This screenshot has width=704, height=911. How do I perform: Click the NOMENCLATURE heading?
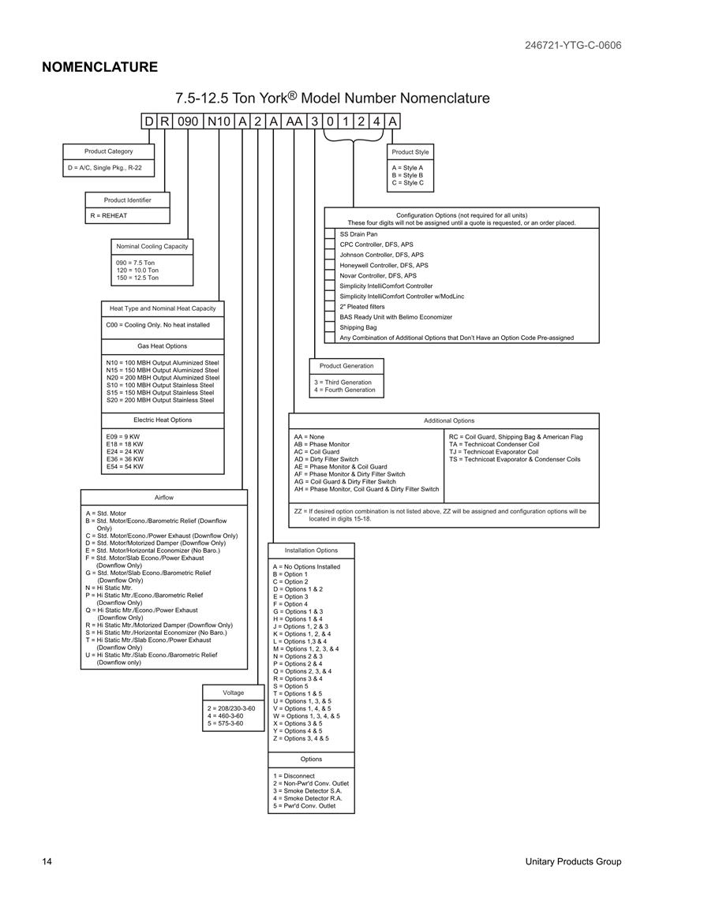coord(99,67)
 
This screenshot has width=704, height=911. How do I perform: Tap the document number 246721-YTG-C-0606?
coord(573,45)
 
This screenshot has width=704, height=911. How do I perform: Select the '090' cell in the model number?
coord(188,121)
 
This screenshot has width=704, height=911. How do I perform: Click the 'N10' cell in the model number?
coord(219,121)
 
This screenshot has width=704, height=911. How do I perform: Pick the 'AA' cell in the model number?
coord(294,121)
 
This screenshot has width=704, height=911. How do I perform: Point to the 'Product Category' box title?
coord(108,151)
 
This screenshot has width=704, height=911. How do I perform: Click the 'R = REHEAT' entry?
coord(109,215)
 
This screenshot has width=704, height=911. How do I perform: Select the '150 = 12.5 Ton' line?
coord(137,278)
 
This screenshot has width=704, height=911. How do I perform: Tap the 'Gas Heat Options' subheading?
coord(163,345)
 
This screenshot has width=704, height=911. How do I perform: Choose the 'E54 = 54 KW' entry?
coord(125,466)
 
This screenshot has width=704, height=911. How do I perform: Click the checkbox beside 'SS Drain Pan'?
coord(330,234)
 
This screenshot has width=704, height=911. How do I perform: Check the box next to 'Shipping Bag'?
coord(330,327)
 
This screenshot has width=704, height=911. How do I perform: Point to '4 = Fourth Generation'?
coord(345,390)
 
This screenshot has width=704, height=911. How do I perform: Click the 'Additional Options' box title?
coord(449,420)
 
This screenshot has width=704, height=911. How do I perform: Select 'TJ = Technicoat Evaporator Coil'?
coord(493,451)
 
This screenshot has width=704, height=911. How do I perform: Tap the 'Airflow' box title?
coord(164,498)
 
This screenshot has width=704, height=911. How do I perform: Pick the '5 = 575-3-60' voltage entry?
coord(225,723)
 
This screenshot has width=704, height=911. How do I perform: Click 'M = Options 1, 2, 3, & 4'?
coord(305,649)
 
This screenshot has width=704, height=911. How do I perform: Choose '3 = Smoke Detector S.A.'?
coord(308,791)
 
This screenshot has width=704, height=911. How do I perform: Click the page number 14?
coord(47,861)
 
